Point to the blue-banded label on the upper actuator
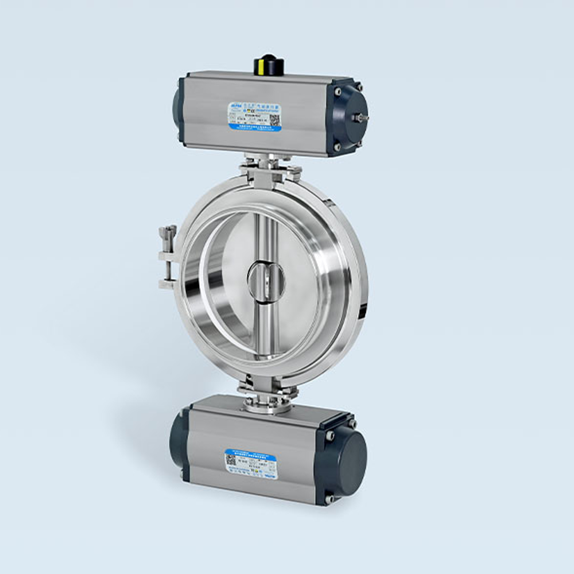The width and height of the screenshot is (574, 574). click(x=255, y=117)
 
